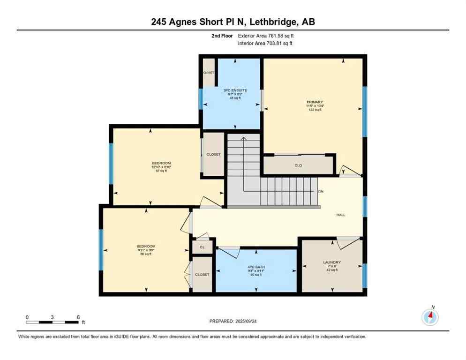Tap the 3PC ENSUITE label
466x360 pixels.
tap(232, 90)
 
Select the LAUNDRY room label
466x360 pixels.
tap(331, 262)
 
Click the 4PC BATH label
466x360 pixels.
tap(256, 267)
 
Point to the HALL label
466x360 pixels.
tap(341, 215)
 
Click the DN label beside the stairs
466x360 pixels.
tap(320, 192)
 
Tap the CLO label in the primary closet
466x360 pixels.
tap(298, 165)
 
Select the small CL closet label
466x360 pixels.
tap(202, 246)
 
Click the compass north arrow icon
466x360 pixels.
tap(430, 317)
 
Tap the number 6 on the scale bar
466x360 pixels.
tap(78, 317)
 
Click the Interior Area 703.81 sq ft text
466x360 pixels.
tap(265, 43)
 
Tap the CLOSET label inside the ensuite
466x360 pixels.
tap(209, 73)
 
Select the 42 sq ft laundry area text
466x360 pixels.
tap(331, 270)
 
